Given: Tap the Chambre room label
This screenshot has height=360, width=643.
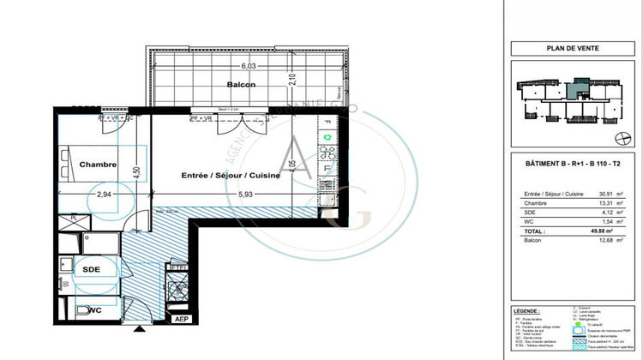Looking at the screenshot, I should (98, 164).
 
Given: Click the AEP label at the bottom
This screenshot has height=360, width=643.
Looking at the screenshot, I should (182, 320).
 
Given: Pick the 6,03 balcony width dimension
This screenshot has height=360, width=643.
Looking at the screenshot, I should (249, 65).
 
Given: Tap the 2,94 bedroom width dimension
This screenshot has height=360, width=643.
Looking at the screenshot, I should (105, 195).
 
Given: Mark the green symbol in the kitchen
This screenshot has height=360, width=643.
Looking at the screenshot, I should (326, 137).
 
